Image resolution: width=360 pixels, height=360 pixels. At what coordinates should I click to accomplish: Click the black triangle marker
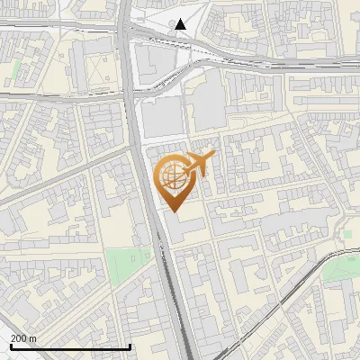(x=182, y=24)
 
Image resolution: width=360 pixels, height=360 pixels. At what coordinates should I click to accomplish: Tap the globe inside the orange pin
(x=173, y=175)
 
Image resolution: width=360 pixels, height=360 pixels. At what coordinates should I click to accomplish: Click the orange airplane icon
(x=200, y=164)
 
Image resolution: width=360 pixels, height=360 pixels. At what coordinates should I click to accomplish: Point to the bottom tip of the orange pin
(x=174, y=211)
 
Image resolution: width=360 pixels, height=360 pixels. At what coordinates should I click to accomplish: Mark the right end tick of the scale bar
(x=130, y=346)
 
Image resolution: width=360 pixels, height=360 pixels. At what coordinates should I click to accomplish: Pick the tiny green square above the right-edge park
(x=346, y=235)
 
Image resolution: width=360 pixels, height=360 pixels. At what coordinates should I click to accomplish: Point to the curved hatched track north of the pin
(x=171, y=81)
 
